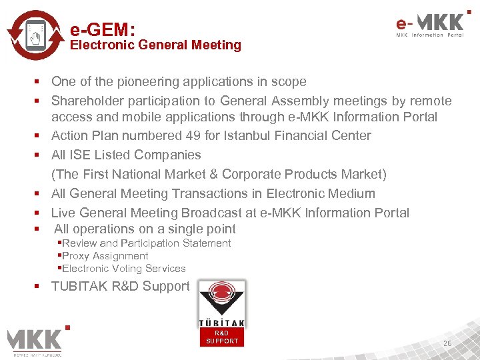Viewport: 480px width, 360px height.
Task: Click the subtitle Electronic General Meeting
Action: point(155,45)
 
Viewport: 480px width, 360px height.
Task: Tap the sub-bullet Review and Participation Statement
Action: point(146,243)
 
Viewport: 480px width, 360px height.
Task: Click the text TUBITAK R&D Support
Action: point(120,287)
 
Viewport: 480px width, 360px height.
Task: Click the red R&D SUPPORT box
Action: point(222,337)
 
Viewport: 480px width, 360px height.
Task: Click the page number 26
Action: point(447,343)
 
